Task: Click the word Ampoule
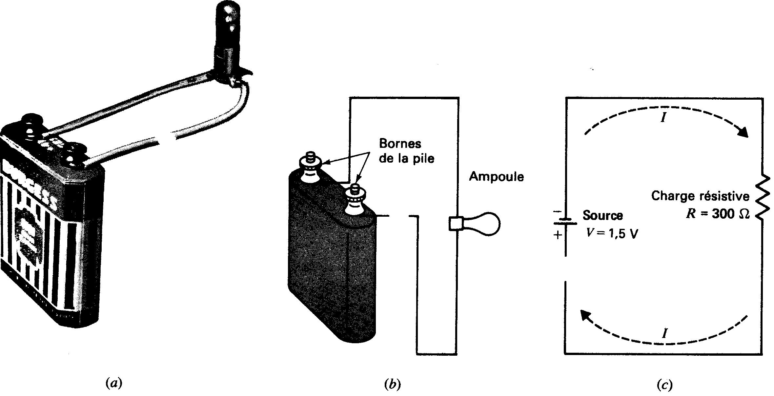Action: pos(496,177)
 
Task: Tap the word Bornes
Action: pos(400,144)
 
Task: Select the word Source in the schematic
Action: pos(602,215)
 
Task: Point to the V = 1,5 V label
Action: pos(612,234)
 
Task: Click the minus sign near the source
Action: pos(557,212)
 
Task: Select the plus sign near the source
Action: pos(558,235)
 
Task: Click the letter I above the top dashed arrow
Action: pos(663,118)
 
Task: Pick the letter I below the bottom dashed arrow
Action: pos(664,334)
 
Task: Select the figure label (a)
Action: pos(114,383)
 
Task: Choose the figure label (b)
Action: pos(392,384)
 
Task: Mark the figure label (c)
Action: pos(664,384)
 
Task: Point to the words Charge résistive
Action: pos(700,196)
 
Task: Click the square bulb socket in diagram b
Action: pos(455,224)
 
